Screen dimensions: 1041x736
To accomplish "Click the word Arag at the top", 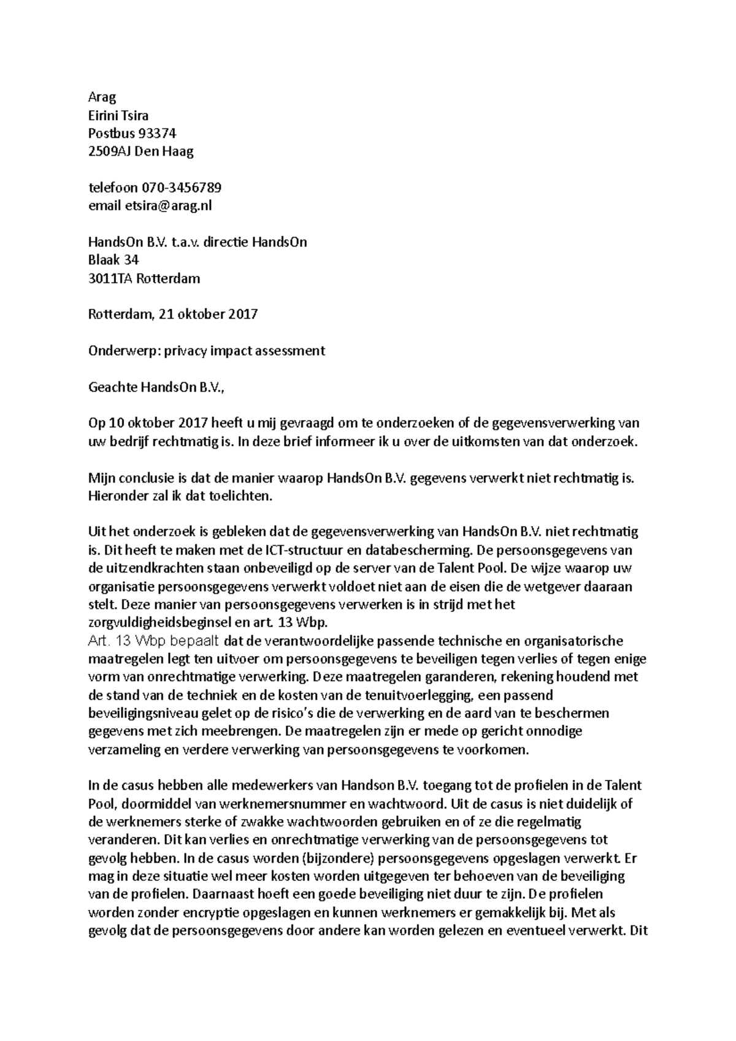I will [x=102, y=97].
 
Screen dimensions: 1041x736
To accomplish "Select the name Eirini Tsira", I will [x=118, y=116].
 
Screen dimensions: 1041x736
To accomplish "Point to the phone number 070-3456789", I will [x=182, y=188].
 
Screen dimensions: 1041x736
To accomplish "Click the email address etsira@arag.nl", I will [x=167, y=206].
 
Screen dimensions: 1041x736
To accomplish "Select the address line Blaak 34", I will [x=113, y=260].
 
